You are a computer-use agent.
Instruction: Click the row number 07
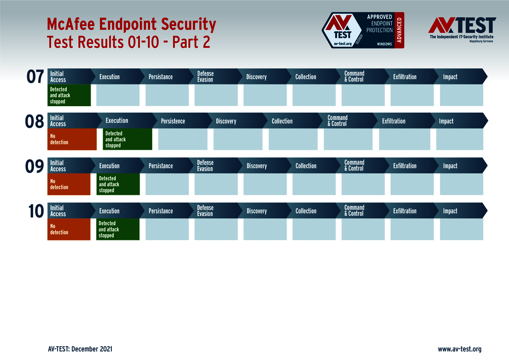click(x=35, y=77)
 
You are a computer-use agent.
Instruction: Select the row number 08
click(x=35, y=122)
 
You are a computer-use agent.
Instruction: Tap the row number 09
click(x=35, y=167)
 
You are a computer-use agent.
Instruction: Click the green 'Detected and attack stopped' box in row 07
click(x=69, y=95)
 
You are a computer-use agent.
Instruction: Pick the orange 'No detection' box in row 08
click(x=72, y=139)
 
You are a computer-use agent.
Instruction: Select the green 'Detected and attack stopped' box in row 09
click(x=118, y=184)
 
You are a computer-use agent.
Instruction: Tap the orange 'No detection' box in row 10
click(x=69, y=229)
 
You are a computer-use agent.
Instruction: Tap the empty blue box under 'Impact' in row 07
click(x=461, y=95)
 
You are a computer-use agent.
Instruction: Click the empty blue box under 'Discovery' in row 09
click(x=265, y=184)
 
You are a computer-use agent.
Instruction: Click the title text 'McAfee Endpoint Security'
click(x=132, y=24)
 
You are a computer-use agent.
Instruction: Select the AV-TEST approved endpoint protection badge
click(x=363, y=30)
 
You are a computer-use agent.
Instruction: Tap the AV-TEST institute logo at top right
click(x=462, y=29)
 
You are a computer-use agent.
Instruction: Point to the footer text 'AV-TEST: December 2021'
click(x=80, y=349)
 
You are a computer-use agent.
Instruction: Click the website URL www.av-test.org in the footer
click(x=459, y=349)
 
